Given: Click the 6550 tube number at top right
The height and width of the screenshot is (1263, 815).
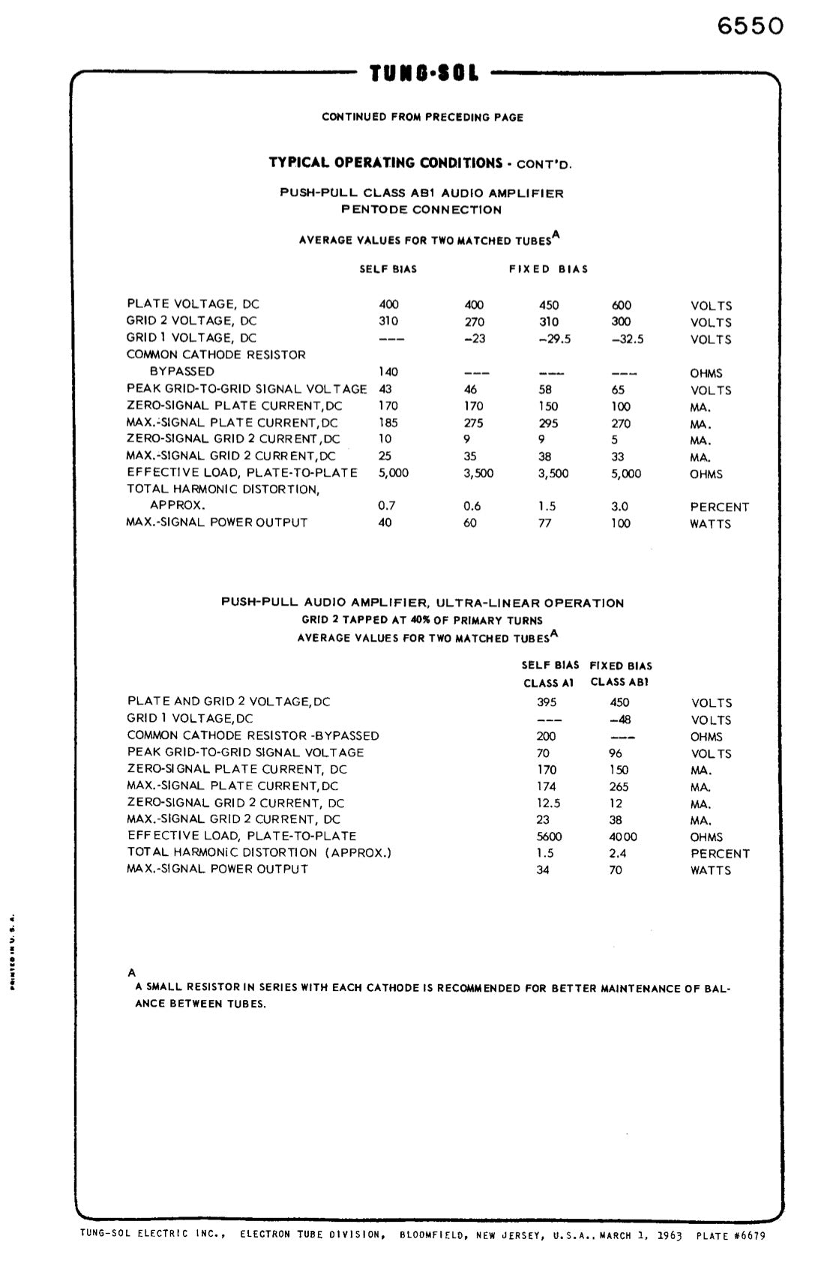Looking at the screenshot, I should tap(750, 26).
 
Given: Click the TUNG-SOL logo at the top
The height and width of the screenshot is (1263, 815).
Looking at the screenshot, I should tap(424, 74).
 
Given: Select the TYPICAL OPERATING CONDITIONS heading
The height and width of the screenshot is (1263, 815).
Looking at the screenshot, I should tap(385, 163).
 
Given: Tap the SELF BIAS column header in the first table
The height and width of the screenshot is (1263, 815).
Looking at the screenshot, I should tap(388, 269).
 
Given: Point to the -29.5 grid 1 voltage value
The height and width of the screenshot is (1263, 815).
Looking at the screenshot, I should tap(555, 339).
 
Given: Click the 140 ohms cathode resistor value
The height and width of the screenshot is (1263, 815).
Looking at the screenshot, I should tap(388, 372).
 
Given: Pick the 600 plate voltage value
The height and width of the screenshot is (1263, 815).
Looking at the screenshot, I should tap(622, 305).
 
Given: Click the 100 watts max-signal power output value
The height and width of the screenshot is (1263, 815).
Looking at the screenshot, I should tap(620, 523).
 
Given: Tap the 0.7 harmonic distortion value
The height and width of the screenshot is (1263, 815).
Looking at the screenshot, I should tap(387, 506).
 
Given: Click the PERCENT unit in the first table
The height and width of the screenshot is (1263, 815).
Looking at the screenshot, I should tap(719, 507).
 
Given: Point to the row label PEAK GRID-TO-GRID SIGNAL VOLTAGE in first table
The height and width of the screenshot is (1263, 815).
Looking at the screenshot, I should tap(247, 389).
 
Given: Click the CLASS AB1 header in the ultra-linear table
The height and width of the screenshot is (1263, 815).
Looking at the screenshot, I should tap(619, 682).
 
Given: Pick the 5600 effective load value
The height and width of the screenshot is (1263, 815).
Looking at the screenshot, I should tap(550, 837).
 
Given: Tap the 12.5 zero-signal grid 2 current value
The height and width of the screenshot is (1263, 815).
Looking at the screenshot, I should tap(548, 803).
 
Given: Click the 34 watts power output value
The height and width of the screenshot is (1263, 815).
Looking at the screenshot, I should tap(543, 870).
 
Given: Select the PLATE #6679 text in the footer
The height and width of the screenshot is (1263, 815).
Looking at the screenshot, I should tap(731, 1236).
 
